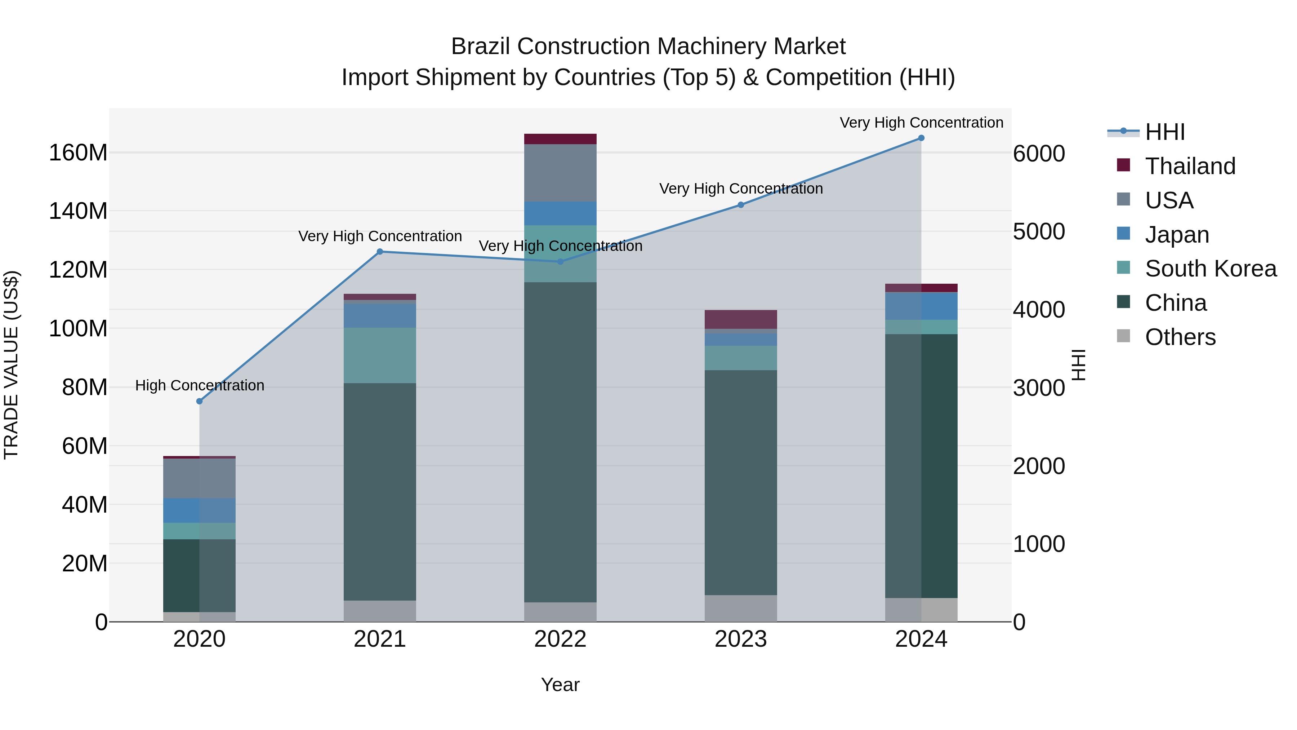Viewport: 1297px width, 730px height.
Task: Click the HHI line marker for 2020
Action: (199, 401)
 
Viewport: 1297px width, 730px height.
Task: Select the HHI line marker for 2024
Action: (921, 138)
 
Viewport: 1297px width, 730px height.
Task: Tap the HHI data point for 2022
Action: (560, 261)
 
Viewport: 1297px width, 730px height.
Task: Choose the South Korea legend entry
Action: (1211, 269)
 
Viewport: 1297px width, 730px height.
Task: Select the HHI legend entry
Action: (1164, 132)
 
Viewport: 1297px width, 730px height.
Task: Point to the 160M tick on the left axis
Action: (78, 152)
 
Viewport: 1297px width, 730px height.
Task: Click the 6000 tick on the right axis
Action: (1039, 154)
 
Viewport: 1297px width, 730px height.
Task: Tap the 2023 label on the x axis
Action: (741, 639)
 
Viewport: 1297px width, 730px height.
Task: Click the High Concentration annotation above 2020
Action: (199, 385)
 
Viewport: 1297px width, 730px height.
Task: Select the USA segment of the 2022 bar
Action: (560, 173)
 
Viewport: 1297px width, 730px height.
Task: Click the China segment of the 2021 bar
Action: (380, 491)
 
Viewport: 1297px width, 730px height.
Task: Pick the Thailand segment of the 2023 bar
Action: (741, 319)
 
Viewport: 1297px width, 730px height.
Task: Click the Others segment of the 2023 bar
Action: (741, 608)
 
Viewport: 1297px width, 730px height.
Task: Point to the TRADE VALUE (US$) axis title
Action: (12, 365)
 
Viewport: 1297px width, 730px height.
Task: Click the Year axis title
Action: (560, 685)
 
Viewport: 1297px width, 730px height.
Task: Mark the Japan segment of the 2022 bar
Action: (560, 213)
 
